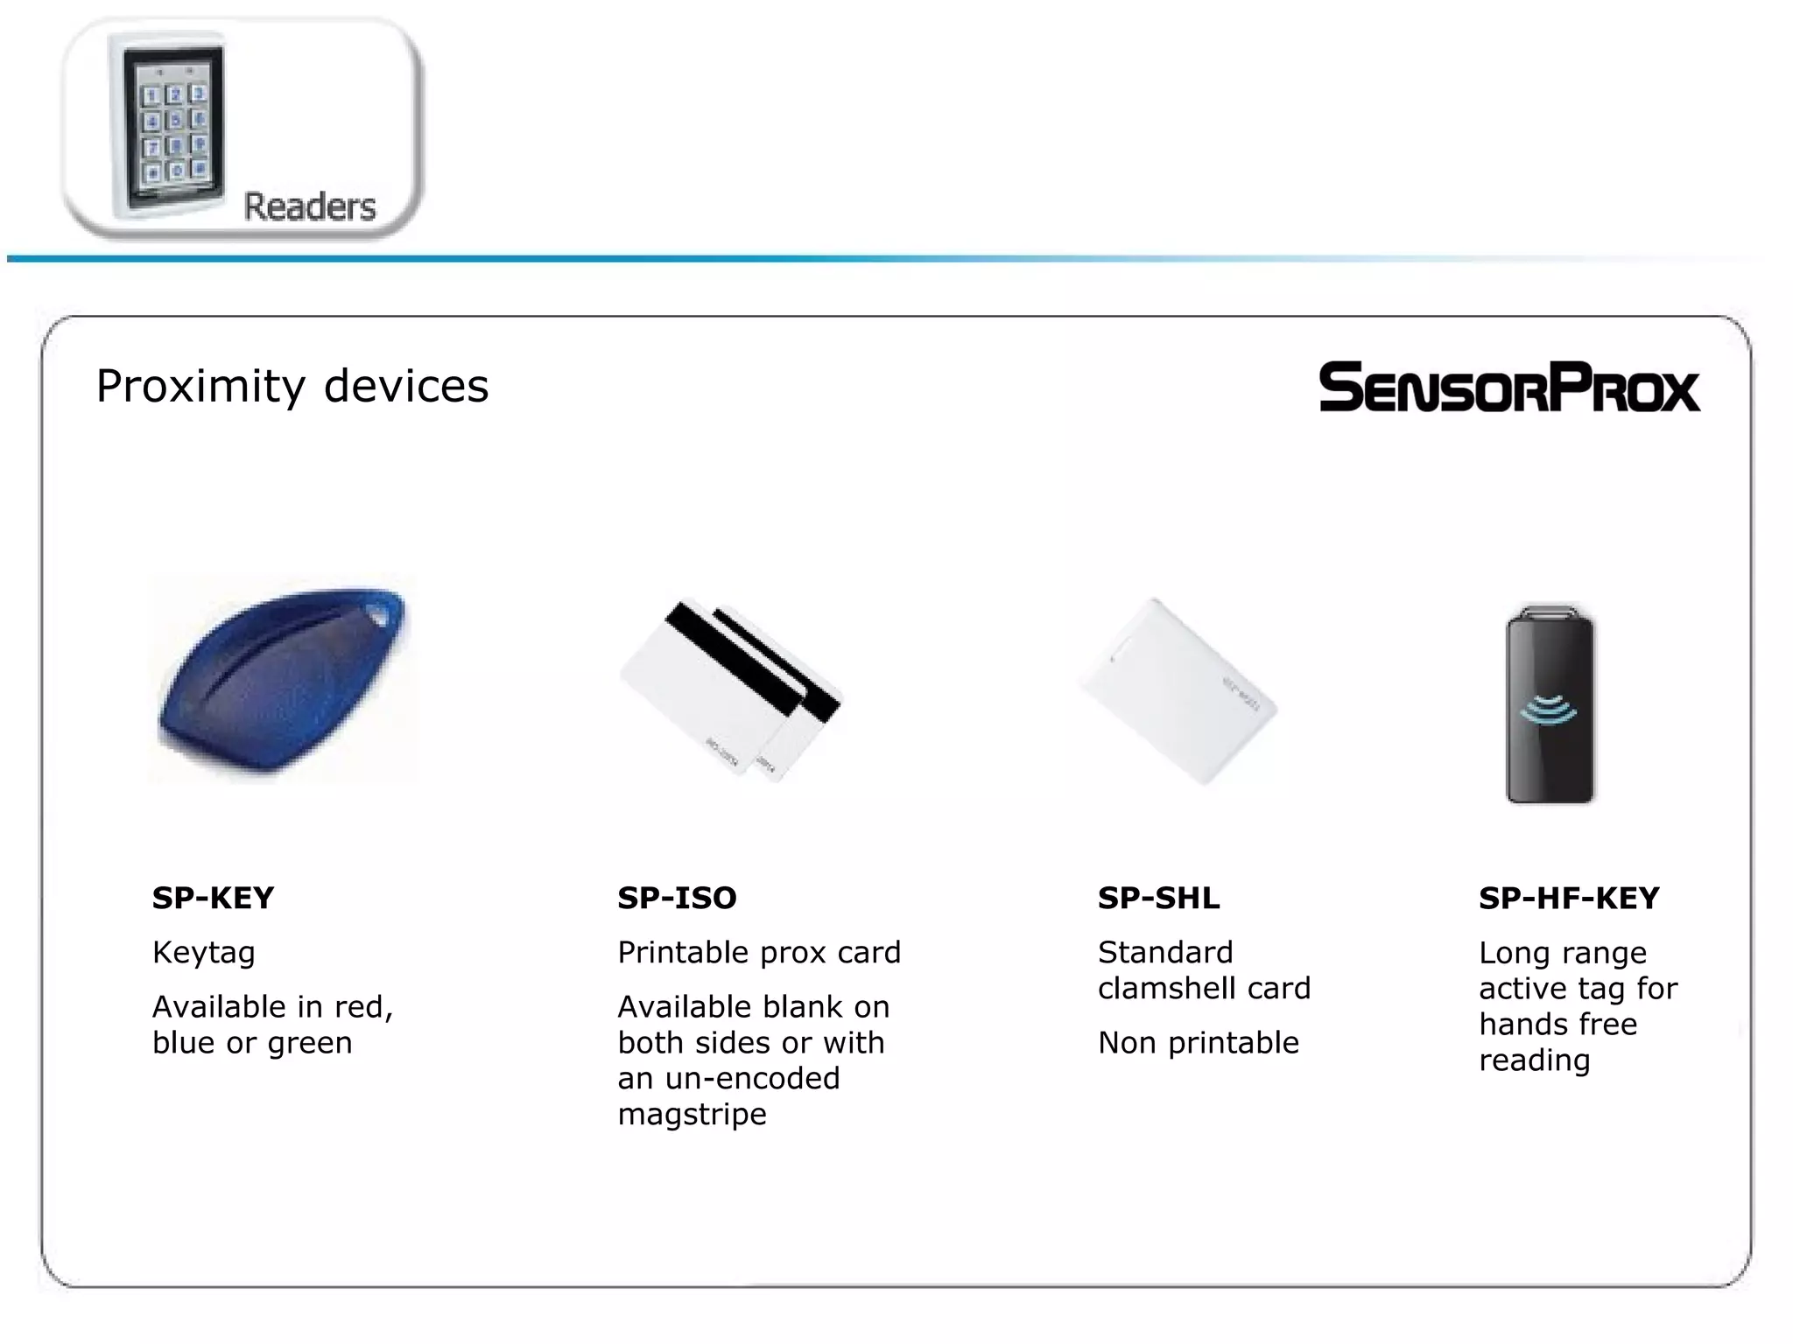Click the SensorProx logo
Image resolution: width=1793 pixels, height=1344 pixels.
click(1508, 387)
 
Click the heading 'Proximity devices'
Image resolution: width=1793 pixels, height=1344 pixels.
click(292, 386)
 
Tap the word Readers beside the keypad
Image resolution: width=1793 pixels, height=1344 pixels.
click(309, 207)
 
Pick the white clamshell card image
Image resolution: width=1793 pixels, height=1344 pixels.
click(1178, 691)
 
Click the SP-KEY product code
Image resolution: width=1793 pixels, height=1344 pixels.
click(213, 898)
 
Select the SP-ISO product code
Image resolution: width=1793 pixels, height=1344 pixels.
click(677, 898)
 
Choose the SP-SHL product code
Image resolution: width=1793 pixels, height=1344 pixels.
click(1158, 898)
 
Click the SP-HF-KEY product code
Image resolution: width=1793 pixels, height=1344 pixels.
click(1569, 898)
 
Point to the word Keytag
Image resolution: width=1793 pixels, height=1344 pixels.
click(203, 952)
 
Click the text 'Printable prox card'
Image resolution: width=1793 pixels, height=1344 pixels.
click(758, 952)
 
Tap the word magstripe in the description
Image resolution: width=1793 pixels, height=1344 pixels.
click(692, 1115)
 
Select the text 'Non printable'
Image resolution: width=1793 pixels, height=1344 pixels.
click(1198, 1043)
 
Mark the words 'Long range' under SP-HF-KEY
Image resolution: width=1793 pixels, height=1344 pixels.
click(1562, 953)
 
